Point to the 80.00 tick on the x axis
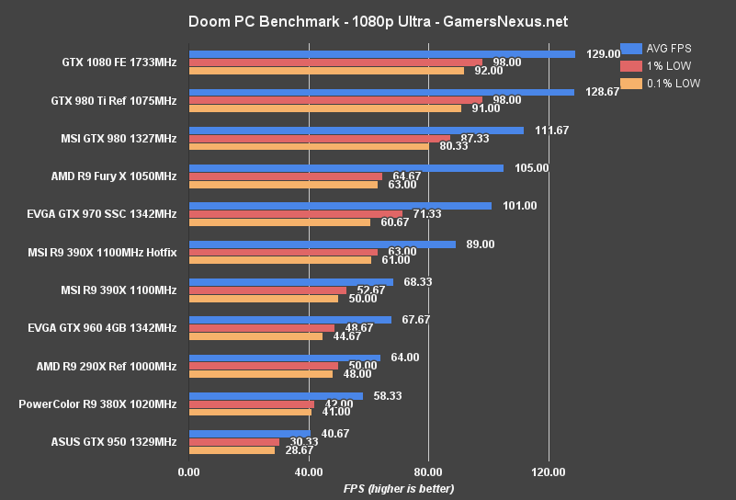[x=428, y=472]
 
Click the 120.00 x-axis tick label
[x=549, y=472]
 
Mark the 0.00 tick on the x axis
[x=188, y=472]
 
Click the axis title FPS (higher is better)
[x=399, y=488]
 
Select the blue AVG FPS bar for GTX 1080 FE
[x=381, y=54]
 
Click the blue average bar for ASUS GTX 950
[x=249, y=433]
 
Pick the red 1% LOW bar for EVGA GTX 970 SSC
[x=295, y=214]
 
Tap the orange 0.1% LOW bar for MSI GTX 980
[x=308, y=146]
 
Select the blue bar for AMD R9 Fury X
[x=345, y=168]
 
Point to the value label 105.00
[x=530, y=168]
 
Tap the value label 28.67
[x=297, y=450]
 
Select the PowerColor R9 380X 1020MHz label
[x=97, y=403]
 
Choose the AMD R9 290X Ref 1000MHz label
[x=106, y=366]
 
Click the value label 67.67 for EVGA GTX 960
[x=412, y=320]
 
